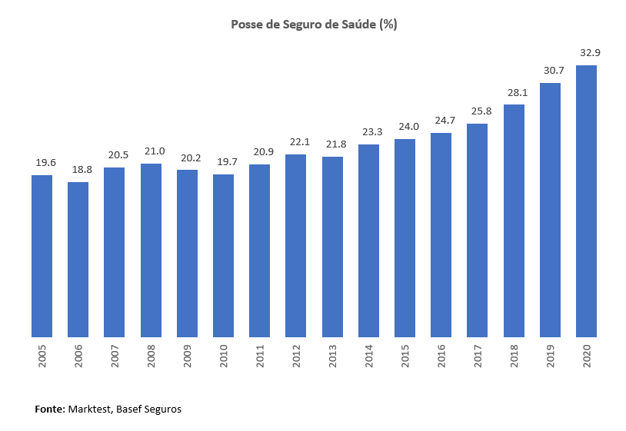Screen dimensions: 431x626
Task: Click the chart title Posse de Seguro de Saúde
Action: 314,25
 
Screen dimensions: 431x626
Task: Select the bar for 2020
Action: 587,201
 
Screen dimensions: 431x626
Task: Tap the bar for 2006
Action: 78,260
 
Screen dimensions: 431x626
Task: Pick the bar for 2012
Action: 296,246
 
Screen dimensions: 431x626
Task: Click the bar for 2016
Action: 441,235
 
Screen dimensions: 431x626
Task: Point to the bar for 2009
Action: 187,254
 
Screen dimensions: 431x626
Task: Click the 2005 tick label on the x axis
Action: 42,355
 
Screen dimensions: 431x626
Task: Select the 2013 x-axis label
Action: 332,355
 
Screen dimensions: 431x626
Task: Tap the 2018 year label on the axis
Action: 514,355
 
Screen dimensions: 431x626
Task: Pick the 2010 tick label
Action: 224,355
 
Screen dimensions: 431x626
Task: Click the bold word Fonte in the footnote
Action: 50,409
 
